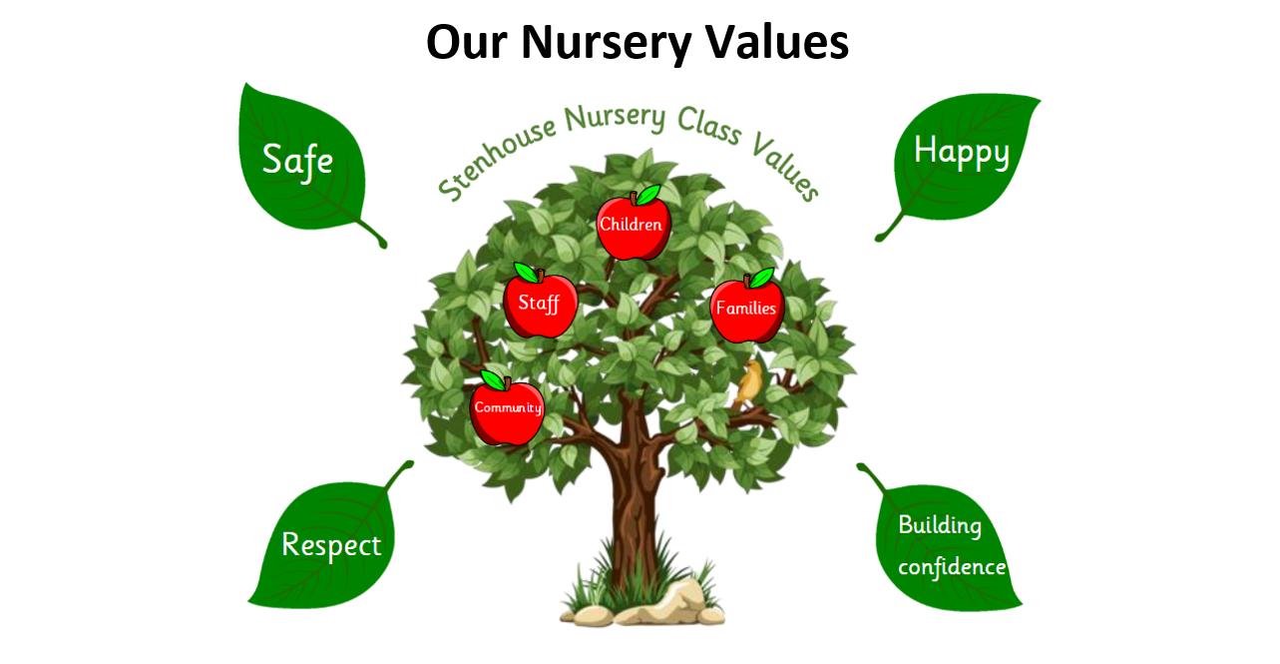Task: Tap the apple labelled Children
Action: pyautogui.click(x=632, y=227)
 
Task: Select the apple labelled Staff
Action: pyautogui.click(x=540, y=305)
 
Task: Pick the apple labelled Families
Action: pyautogui.click(x=746, y=309)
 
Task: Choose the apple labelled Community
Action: pyautogui.click(x=507, y=409)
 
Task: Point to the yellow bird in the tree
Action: pyautogui.click(x=749, y=383)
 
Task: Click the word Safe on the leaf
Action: pyautogui.click(x=297, y=160)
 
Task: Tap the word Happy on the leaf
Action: pyautogui.click(x=961, y=152)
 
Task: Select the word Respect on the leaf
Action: pyautogui.click(x=330, y=545)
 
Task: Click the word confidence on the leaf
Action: pyautogui.click(x=951, y=567)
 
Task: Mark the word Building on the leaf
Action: pyautogui.click(x=939, y=525)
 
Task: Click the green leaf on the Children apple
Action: pyautogui.click(x=648, y=195)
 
